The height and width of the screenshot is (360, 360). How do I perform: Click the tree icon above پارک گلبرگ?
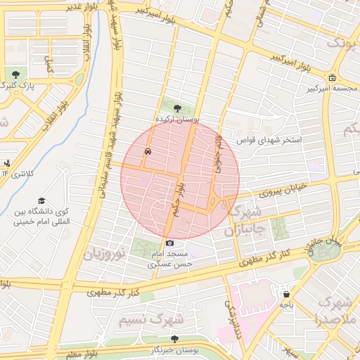point(15,74)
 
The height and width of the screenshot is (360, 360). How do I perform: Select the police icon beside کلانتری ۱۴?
point(6,162)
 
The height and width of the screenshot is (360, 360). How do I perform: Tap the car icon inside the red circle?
point(148,150)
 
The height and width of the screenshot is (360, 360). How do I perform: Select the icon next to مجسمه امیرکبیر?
point(331,78)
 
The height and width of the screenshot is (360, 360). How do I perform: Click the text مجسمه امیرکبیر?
point(330,89)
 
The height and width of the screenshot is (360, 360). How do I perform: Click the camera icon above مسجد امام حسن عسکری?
point(169,243)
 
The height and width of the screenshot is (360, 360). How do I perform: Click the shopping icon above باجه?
point(286,294)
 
